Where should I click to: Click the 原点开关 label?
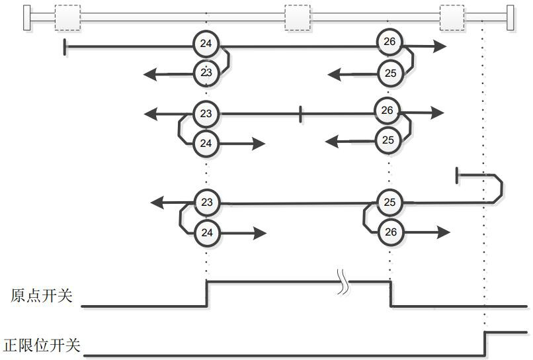[41, 295]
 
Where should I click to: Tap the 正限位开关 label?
[42, 345]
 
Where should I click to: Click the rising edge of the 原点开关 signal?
[207, 294]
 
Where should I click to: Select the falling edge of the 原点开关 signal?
[390, 294]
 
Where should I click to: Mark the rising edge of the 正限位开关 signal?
[485, 343]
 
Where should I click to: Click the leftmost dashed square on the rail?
[67, 17]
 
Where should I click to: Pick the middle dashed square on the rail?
[297, 17]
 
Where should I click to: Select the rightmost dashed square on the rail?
[452, 17]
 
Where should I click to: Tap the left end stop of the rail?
[26, 17]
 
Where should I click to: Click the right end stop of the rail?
[510, 17]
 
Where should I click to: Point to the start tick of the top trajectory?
[64, 46]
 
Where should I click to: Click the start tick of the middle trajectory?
[301, 114]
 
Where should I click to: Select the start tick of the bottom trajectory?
[457, 175]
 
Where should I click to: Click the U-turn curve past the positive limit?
[499, 189]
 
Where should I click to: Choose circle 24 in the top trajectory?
[206, 44]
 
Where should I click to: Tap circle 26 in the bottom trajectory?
[390, 232]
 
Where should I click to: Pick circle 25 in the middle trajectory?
[388, 140]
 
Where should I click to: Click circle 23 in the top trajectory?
[206, 73]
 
